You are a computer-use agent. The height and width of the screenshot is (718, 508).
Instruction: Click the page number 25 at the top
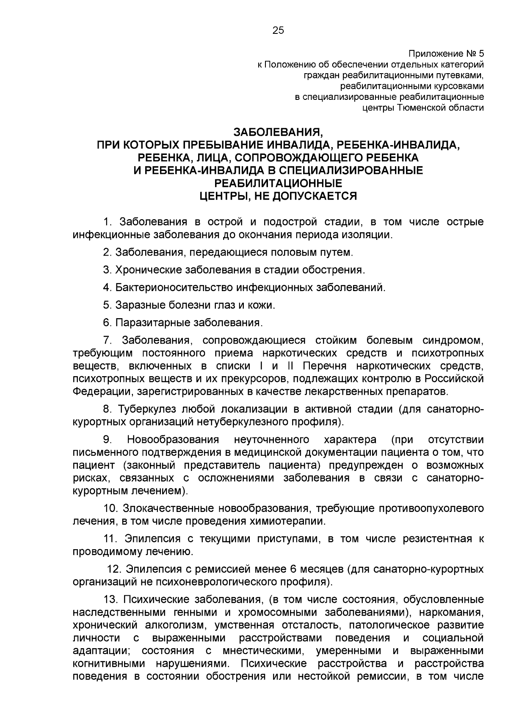click(x=278, y=30)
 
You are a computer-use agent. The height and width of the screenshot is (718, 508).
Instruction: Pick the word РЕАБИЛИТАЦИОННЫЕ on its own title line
click(x=278, y=183)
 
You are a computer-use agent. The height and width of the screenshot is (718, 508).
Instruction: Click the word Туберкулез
click(x=147, y=409)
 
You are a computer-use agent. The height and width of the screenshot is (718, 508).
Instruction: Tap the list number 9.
click(x=107, y=440)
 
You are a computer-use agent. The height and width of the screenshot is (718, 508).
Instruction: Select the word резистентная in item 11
click(x=437, y=539)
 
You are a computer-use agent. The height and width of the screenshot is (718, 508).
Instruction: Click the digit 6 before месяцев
click(x=294, y=569)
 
